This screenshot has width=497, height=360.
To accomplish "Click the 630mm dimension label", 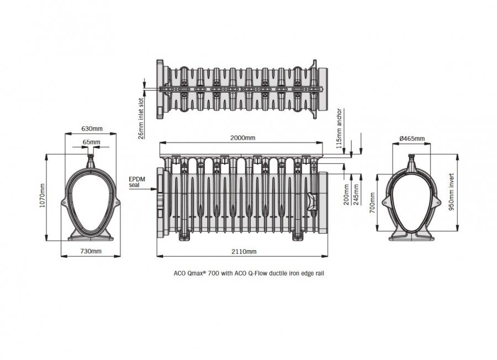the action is (92, 129).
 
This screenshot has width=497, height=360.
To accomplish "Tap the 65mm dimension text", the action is (91, 142).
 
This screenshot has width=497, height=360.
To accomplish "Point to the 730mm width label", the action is (91, 251).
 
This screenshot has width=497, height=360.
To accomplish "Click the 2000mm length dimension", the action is (242, 137).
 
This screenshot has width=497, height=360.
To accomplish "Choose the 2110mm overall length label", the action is (244, 251).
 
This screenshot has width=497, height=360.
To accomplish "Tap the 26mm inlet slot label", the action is (141, 118).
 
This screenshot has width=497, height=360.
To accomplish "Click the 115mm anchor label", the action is (339, 128).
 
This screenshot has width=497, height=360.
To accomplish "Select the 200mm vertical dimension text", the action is (346, 194).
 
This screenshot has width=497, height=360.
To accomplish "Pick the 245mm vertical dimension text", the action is (356, 194).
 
